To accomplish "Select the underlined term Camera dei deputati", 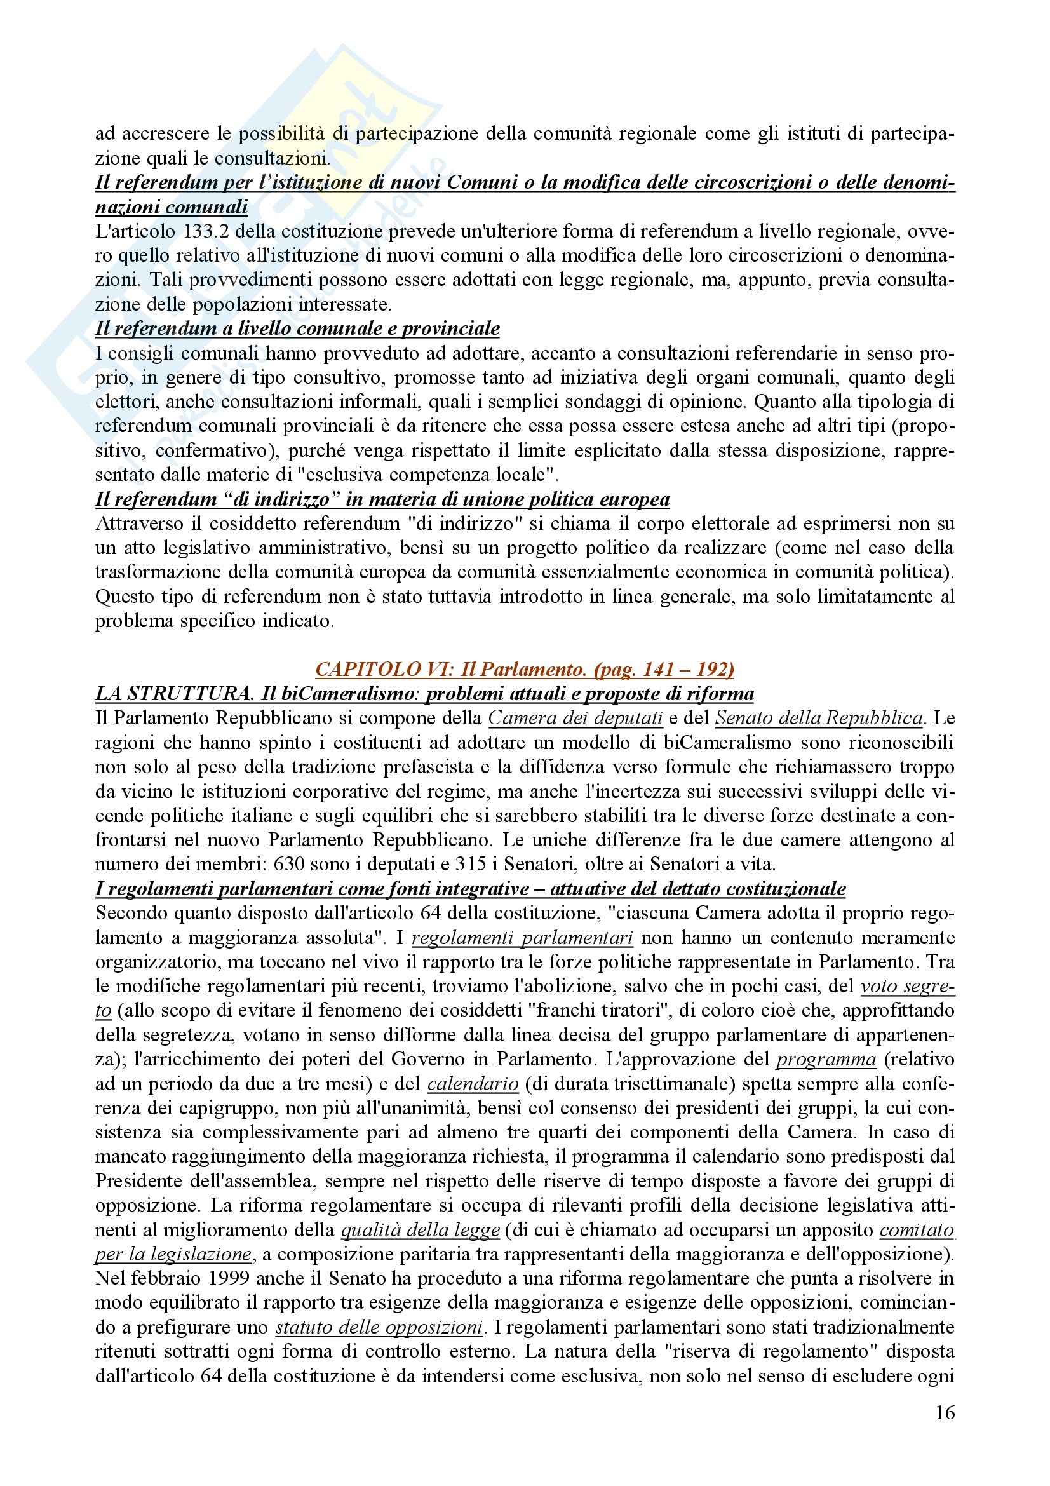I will [x=575, y=718].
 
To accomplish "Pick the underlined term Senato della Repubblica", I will [x=818, y=718].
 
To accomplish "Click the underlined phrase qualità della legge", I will [x=420, y=1230].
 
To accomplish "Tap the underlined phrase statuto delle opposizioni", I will [x=380, y=1327].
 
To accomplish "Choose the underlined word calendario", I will [x=473, y=1083].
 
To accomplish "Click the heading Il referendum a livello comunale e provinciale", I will [x=298, y=329].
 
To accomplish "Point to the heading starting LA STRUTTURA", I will [x=424, y=694].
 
